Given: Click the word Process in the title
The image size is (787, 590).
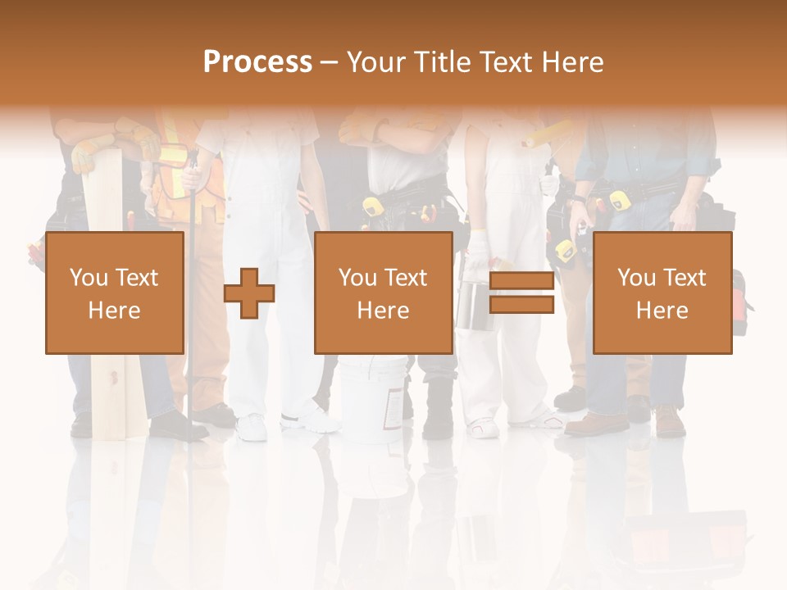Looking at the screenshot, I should (x=257, y=62).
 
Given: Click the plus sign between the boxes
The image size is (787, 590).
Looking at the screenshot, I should (x=249, y=293).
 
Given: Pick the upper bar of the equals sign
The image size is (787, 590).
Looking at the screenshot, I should (x=521, y=281).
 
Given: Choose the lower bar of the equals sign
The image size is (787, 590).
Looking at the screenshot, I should (x=521, y=305).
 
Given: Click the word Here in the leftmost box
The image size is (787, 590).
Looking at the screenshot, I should (x=114, y=311).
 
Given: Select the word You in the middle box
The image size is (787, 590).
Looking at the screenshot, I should (x=357, y=278).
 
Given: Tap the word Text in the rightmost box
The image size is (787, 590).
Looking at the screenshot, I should (x=685, y=278).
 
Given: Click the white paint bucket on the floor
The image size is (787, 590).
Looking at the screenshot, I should (x=371, y=399).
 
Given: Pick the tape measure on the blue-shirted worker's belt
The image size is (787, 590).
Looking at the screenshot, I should (x=620, y=201).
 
